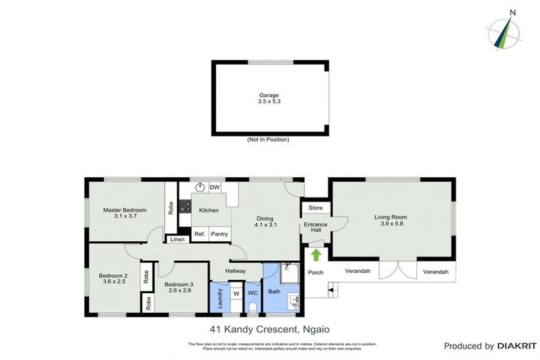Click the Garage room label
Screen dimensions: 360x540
pos(269,95)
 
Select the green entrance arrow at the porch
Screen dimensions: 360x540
pos(316,255)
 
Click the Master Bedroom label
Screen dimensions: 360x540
pos(124,210)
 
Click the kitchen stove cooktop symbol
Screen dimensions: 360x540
pos(186,206)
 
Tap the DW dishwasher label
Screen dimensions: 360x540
pos(214,187)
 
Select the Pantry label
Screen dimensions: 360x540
pos(219,234)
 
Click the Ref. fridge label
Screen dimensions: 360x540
pos(199,234)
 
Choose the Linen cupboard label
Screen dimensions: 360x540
pos(178,240)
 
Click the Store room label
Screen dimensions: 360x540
pos(315,207)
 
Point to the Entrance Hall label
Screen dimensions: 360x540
pos(316,228)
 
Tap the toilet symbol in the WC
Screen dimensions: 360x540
pos(253,305)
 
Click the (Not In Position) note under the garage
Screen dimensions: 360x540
pos(268,139)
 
